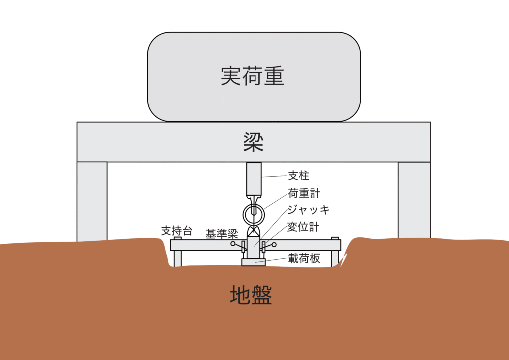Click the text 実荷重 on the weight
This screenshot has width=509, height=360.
coord(252,76)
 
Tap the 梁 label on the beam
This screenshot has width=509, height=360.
coord(254,142)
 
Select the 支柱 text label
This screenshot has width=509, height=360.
coord(298,176)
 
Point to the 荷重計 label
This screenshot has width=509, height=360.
coord(304,193)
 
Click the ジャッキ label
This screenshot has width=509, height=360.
coord(308,210)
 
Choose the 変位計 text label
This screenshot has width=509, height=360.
coord(303,227)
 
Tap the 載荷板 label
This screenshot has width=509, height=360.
coord(304,258)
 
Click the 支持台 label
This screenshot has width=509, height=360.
coord(177,231)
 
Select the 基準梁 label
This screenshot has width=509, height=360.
coord(222,234)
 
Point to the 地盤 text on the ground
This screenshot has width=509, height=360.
coord(251,295)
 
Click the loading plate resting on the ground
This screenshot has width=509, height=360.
coord(254,262)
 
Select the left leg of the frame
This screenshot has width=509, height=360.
coord(92,201)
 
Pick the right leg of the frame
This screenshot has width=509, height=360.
coord(414,200)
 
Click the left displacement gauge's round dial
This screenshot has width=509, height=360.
coord(233,244)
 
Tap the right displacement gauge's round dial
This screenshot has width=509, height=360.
coord(274,245)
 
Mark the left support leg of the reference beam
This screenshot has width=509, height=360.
coord(177,258)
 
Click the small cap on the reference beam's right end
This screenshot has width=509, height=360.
coord(335,238)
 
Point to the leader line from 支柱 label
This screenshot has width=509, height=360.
coord(274,176)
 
